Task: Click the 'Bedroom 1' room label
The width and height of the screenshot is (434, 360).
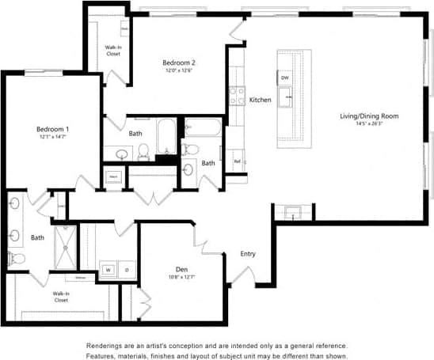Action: (x=52, y=129)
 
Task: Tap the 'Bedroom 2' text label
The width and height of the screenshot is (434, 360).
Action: (x=179, y=63)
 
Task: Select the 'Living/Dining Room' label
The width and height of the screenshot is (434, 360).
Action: (x=368, y=116)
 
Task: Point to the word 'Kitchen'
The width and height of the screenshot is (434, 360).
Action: (x=261, y=100)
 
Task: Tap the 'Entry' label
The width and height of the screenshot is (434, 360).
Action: (x=248, y=254)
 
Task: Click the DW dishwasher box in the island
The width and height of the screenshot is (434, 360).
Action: (x=284, y=78)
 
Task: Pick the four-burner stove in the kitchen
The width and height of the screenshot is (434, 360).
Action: (x=236, y=96)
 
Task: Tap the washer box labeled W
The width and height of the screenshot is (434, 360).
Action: (x=107, y=270)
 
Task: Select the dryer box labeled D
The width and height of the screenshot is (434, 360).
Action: (x=127, y=270)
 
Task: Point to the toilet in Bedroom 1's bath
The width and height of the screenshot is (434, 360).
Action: (x=17, y=258)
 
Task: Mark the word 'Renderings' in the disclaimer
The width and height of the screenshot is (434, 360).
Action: (x=104, y=346)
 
